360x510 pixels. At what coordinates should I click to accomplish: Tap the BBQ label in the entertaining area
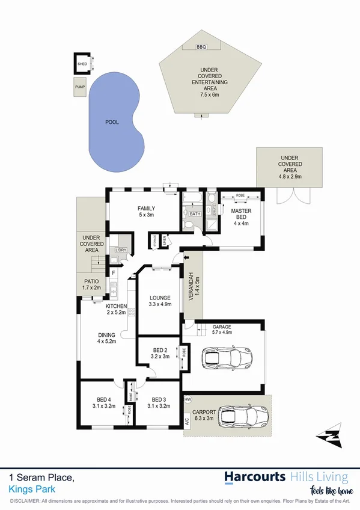[201, 46]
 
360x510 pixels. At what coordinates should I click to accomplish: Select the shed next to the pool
[82, 63]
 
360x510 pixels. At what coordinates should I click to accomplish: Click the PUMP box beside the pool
[80, 87]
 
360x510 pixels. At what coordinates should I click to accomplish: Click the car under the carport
[243, 416]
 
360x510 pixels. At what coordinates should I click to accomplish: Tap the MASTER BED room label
[240, 215]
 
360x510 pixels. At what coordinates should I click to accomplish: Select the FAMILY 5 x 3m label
[146, 212]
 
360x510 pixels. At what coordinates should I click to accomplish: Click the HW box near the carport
[188, 399]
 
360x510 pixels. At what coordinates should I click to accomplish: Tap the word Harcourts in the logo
[255, 478]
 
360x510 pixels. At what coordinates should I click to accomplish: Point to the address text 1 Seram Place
[41, 478]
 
